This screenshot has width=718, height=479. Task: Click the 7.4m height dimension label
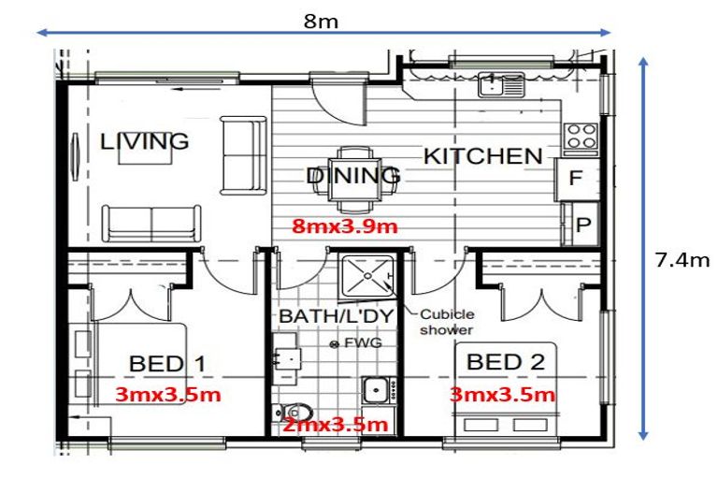[x=682, y=260]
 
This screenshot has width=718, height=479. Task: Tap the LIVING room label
[x=145, y=142]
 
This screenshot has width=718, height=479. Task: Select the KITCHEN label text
[x=482, y=156]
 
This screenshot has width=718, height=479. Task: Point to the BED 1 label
[x=167, y=363]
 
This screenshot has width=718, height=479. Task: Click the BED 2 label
[x=506, y=361]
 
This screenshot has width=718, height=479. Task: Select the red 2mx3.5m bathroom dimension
[x=335, y=425]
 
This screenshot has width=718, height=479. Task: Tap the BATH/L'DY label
[x=331, y=317]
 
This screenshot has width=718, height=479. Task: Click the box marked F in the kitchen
[x=575, y=180]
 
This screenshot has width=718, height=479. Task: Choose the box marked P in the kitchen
[x=582, y=225]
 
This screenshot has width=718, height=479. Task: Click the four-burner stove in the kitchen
[x=581, y=137]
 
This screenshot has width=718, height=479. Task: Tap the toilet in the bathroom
[x=293, y=412]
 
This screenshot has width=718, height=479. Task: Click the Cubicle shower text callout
[x=447, y=323]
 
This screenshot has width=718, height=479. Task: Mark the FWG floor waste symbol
[x=334, y=344]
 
